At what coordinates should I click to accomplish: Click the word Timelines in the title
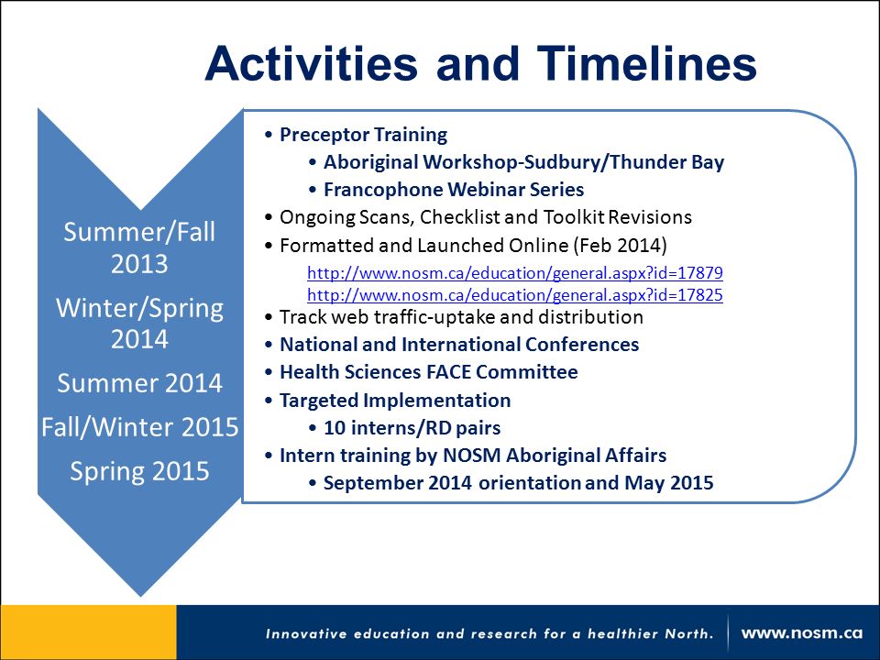[647, 63]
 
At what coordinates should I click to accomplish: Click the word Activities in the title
[312, 63]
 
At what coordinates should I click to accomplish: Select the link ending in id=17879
[514, 273]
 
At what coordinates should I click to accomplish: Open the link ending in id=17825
[514, 295]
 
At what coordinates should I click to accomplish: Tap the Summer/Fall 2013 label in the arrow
[139, 247]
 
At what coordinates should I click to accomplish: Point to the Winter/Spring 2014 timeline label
[139, 324]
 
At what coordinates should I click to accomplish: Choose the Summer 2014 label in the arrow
[139, 383]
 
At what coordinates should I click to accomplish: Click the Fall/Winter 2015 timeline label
[139, 427]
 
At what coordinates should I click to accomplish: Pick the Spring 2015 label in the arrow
[139, 471]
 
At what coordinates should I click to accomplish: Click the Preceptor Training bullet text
[363, 135]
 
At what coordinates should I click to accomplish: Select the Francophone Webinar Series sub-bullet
[454, 190]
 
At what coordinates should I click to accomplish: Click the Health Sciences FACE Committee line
[429, 372]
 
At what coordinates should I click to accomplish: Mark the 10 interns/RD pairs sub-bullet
[412, 428]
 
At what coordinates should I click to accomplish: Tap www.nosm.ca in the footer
[801, 633]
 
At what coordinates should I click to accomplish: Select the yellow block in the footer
[89, 632]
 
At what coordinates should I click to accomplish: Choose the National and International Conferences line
[459, 345]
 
